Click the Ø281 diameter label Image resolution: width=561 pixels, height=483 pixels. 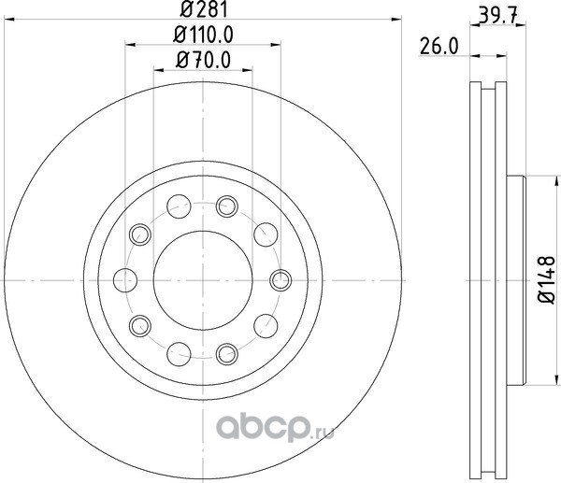[204, 9]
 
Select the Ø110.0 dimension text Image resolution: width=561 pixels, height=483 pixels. [203, 36]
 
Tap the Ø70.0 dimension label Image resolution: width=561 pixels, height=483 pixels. [203, 60]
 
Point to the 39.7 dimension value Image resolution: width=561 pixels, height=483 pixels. [497, 17]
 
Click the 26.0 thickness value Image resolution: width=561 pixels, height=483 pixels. [439, 47]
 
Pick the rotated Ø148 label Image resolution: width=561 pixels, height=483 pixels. [547, 280]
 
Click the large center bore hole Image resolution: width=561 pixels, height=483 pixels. [203, 280]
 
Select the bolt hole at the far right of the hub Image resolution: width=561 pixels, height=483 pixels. [280, 280]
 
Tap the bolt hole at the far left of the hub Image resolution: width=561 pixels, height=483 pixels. [125, 280]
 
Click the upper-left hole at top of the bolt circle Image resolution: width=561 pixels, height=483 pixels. [179, 206]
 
